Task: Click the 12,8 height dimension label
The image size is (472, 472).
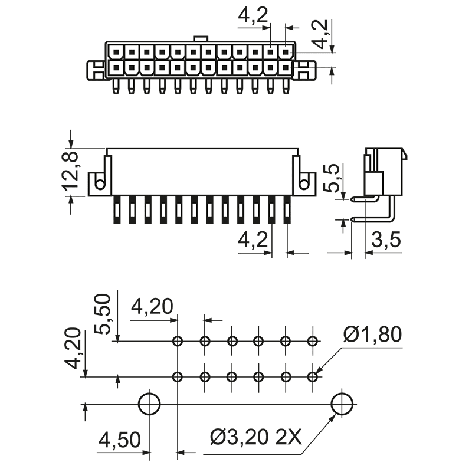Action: tap(71, 171)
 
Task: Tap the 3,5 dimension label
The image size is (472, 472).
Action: tap(386, 240)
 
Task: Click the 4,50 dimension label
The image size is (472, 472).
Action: tap(120, 440)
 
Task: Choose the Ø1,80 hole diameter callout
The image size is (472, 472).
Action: tap(372, 335)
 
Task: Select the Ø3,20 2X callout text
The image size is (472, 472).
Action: tap(256, 438)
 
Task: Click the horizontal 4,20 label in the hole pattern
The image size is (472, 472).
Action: tap(152, 307)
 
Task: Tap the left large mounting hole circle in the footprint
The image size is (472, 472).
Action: tap(150, 404)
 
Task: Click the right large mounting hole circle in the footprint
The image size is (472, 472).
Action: tap(342, 404)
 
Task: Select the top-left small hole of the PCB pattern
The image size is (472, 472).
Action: tap(177, 341)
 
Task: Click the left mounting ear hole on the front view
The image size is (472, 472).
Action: tap(100, 185)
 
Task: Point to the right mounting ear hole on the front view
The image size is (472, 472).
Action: tap(304, 185)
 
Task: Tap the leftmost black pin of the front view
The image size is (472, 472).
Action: tap(117, 210)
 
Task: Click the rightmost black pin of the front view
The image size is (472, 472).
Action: tap(287, 210)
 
